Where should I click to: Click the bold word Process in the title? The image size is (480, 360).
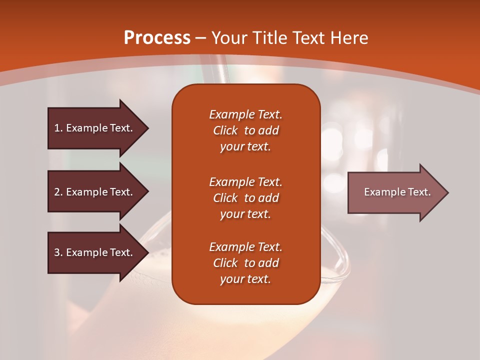tap(157, 38)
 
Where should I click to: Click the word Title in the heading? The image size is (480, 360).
tap(269, 38)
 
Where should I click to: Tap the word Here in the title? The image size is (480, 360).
tap(348, 38)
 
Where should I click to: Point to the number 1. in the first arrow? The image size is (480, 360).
tap(58, 128)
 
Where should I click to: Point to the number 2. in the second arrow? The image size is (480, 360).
tap(58, 192)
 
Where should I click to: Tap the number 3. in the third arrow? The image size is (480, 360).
tap(58, 252)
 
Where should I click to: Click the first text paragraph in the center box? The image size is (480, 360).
tap(245, 130)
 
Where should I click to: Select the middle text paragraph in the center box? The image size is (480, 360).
tap(245, 197)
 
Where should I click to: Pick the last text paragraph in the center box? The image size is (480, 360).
tap(245, 263)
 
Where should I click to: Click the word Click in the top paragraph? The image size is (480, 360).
tap(225, 130)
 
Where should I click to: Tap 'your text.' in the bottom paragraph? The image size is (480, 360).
tap(245, 279)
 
